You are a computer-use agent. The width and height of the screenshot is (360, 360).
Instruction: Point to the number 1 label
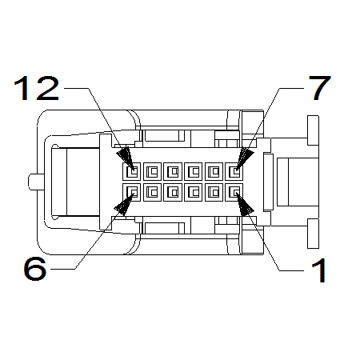click(319, 270)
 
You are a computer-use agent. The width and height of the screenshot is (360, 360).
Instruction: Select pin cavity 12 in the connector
click(132, 170)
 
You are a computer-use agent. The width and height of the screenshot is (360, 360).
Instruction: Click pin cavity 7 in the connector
click(235, 170)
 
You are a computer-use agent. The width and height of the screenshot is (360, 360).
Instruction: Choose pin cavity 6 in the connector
click(132, 191)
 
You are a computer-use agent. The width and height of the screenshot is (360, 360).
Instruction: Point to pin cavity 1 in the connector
click(235, 191)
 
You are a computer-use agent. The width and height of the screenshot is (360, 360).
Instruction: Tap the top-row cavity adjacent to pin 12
click(153, 170)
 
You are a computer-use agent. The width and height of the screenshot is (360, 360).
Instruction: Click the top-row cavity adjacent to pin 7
click(214, 170)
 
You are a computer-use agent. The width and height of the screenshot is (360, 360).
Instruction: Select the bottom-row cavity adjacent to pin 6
click(153, 191)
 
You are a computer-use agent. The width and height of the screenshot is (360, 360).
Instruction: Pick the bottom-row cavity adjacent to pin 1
click(214, 191)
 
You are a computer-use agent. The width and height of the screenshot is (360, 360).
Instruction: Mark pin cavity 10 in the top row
click(174, 170)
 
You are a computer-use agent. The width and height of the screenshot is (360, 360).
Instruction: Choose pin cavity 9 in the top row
click(194, 170)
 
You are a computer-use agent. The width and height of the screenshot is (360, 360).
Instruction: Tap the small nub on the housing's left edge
click(34, 182)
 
